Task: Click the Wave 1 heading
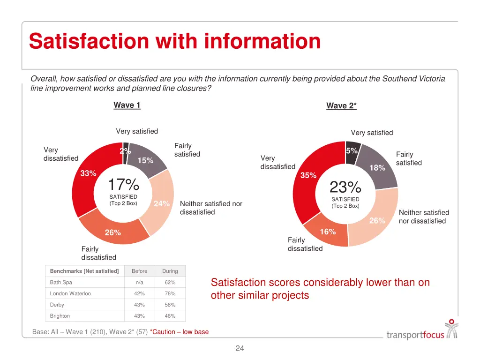127,105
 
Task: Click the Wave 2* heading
341,106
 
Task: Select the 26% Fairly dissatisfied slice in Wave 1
113,232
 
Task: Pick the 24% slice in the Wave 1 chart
161,203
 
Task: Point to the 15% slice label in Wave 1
145,160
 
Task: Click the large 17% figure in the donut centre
123,184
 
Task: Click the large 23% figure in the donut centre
345,187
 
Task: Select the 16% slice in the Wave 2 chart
328,232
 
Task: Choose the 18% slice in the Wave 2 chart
377,168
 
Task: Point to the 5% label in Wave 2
352,150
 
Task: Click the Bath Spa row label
61,283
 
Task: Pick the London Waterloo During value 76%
170,294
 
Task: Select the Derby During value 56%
170,305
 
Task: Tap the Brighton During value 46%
170,316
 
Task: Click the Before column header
139,271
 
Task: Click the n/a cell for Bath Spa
139,283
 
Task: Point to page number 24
240,348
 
